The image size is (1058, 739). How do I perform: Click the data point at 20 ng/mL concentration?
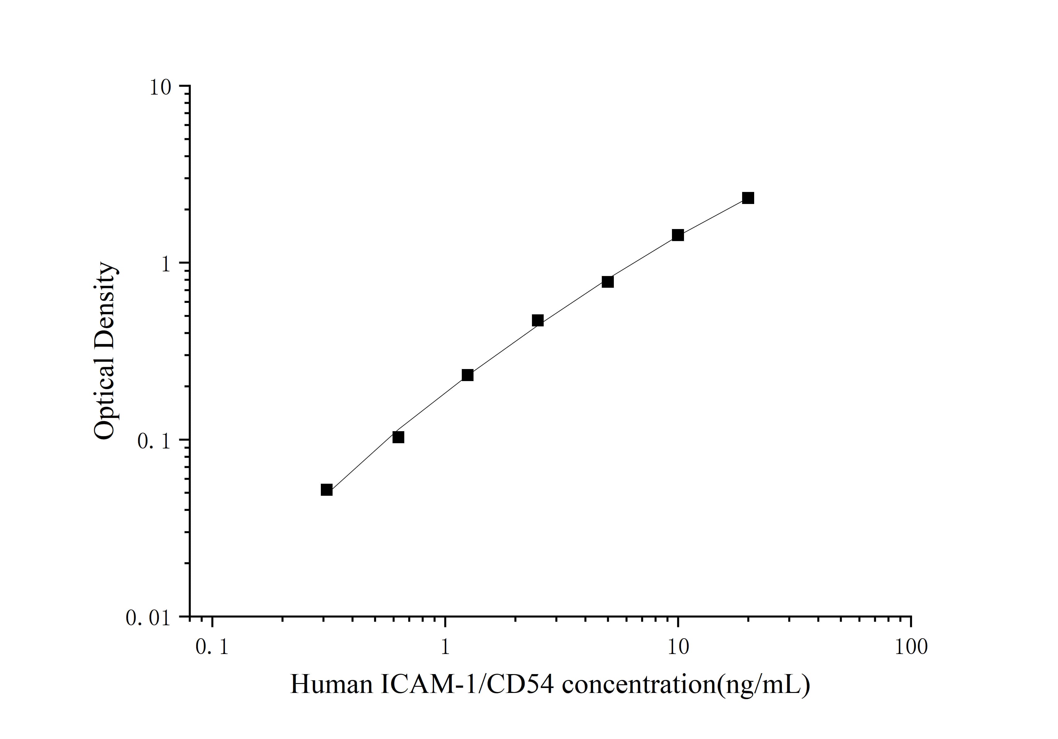[748, 198]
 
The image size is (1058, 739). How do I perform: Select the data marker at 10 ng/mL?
[678, 236]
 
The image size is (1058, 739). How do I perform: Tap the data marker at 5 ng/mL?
[607, 282]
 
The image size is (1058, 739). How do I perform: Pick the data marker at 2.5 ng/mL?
[537, 321]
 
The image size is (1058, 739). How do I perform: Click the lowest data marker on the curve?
[326, 490]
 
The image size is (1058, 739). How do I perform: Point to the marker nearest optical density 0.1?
[398, 437]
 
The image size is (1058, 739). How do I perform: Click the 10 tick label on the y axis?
[160, 87]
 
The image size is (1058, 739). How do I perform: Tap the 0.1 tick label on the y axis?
[153, 441]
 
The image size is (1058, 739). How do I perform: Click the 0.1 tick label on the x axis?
[212, 647]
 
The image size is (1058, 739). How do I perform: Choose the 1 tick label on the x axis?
[445, 647]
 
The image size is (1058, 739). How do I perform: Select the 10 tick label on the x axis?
[678, 647]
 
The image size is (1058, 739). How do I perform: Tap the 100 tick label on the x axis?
[911, 647]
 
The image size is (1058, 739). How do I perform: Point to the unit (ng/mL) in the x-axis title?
[763, 685]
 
